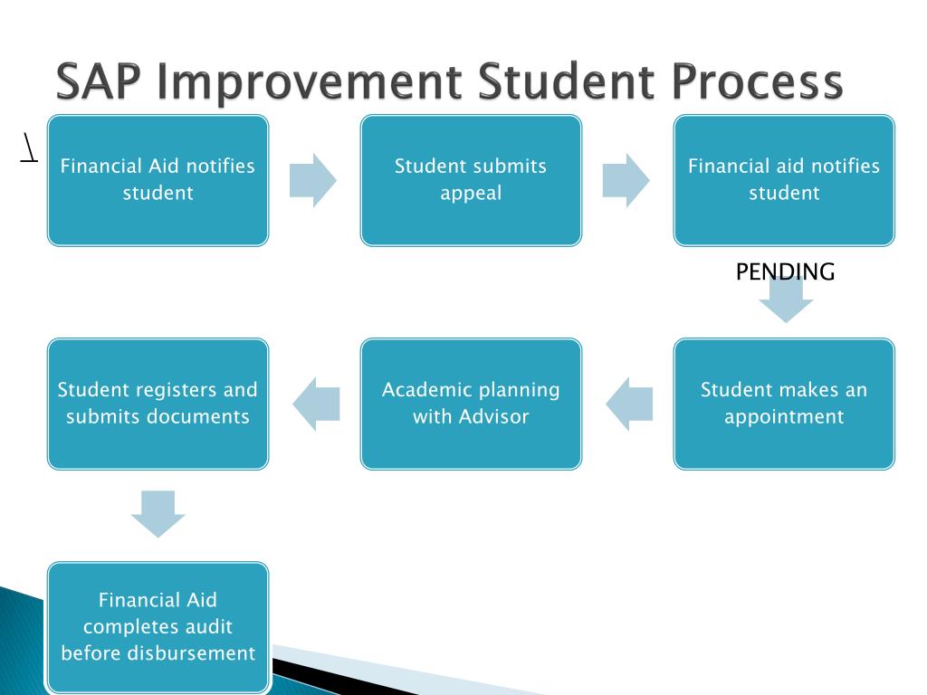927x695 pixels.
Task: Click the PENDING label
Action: coord(785,271)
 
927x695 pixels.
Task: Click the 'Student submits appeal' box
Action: coord(471,180)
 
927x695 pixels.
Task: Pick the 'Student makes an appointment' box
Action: coord(784,404)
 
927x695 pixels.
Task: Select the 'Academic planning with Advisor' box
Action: coord(471,404)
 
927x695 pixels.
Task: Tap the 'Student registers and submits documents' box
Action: coord(158,404)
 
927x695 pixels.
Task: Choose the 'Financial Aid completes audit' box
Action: coord(158,627)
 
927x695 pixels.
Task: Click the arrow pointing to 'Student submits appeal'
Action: coord(312,180)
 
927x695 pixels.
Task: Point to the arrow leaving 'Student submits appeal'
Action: coord(626,180)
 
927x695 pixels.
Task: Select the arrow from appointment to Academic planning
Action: coord(629,404)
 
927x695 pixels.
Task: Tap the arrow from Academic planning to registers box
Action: coord(316,404)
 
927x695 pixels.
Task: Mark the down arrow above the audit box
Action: coord(158,514)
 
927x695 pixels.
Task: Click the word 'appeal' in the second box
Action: coord(471,193)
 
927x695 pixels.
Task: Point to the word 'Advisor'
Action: coord(495,417)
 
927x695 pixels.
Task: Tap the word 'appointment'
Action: coord(784,417)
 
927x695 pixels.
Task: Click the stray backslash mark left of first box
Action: coord(29,148)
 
